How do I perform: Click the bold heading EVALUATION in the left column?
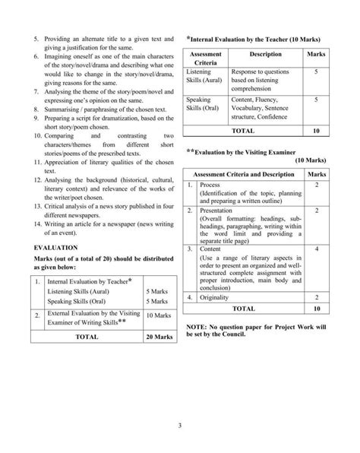[x=57, y=248]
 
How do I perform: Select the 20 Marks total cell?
[x=159, y=336]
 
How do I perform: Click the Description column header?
[x=265, y=55]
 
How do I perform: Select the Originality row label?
[x=217, y=299]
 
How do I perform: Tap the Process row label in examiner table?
[x=210, y=185]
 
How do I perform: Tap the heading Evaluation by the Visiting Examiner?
[x=254, y=151]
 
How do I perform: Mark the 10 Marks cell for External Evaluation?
[x=159, y=314]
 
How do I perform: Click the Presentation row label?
[x=220, y=211]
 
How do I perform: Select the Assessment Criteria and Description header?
[x=243, y=175]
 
